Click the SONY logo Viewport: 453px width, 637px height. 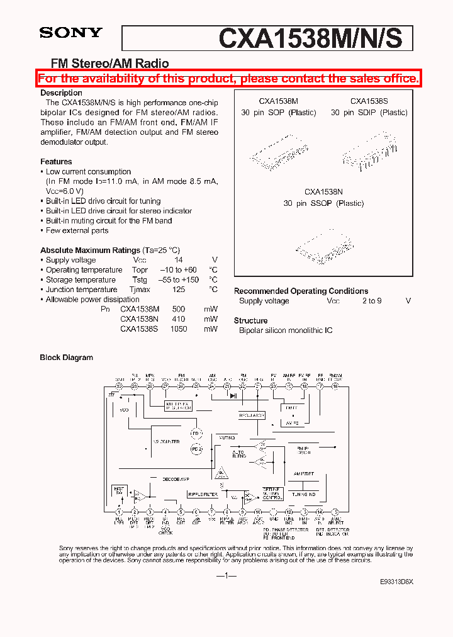pos(70,33)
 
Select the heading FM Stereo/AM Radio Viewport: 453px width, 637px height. pos(109,63)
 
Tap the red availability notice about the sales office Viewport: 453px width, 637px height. pos(228,79)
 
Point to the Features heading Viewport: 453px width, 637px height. pos(56,162)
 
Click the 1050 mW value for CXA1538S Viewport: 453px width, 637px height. pos(179,329)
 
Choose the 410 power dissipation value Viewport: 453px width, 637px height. pos(179,319)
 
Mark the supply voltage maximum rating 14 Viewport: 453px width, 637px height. pos(179,260)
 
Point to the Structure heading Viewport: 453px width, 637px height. pos(250,320)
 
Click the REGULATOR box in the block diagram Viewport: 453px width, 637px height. pos(252,415)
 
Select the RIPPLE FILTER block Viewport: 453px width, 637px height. pos(202,495)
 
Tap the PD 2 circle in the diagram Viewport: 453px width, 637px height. pos(196,449)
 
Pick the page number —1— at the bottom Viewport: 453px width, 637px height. pos(226,575)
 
